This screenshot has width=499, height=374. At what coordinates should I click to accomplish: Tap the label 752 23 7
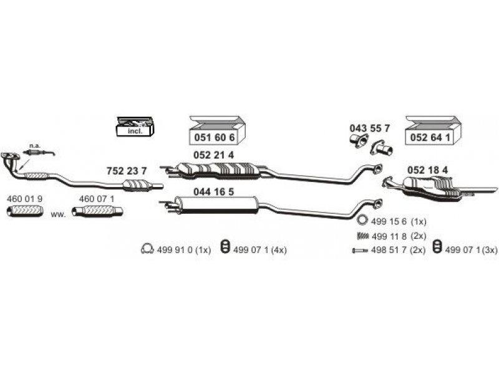coord(127,171)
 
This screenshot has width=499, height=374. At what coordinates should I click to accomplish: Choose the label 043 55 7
coord(369,128)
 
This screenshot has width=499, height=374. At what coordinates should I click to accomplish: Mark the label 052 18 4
coord(427,169)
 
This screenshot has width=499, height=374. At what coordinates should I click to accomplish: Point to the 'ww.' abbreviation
coord(58,214)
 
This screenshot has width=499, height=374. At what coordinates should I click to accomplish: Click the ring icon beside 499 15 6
coord(362,220)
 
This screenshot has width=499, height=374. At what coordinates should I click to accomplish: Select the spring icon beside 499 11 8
coord(362,236)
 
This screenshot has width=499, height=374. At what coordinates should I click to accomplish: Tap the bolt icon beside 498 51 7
coord(361,250)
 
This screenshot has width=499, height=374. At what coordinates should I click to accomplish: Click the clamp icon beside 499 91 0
coord(147,250)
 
